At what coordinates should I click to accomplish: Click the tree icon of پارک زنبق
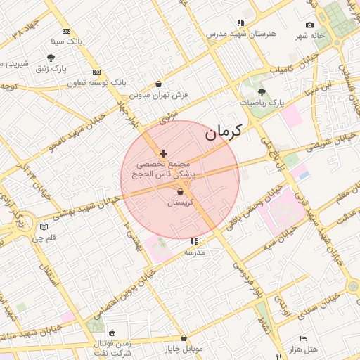coord(51,58)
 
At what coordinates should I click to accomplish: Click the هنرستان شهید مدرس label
coord(241,33)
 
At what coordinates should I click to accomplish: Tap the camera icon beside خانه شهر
coord(310,25)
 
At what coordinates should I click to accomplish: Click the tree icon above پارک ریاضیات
coord(262,92)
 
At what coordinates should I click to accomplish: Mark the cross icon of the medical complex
coord(164,153)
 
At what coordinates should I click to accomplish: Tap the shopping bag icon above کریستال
coord(181,191)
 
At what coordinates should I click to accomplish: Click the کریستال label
coord(181,202)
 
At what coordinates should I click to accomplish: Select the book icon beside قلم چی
coord(45,227)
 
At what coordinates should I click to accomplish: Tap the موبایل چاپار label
coord(184,349)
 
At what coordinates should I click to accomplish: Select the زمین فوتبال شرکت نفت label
coord(112,347)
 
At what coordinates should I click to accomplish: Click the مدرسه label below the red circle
coord(194,252)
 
